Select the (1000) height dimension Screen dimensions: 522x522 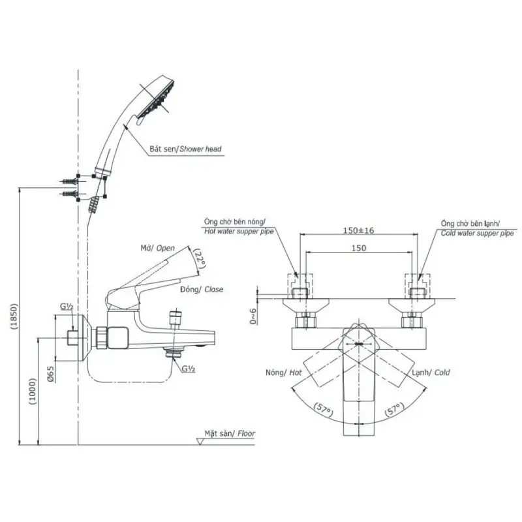click(x=33, y=391)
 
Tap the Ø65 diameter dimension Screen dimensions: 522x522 click(x=51, y=374)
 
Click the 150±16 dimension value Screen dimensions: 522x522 click(x=358, y=230)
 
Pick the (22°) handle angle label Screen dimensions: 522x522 click(x=200, y=259)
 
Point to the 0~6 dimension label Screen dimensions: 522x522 click(x=253, y=316)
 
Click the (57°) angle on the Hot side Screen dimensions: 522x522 click(x=323, y=409)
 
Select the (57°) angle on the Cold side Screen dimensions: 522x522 click(x=395, y=409)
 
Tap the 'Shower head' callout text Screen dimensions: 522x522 click(x=200, y=149)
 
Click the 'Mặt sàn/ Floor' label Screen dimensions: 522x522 click(x=230, y=433)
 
